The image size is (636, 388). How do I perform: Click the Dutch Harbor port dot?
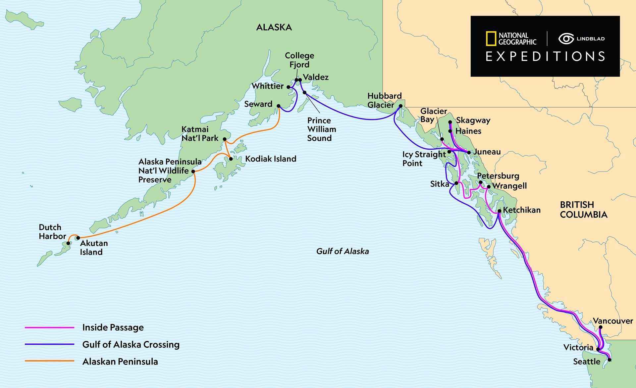click(x=68, y=243)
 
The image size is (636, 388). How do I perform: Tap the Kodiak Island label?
click(x=270, y=159)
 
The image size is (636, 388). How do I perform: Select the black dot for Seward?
click(x=279, y=106)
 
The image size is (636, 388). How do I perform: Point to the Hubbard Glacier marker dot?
click(x=400, y=106)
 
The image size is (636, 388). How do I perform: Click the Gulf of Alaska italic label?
click(x=343, y=251)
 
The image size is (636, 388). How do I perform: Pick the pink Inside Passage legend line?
click(x=50, y=328)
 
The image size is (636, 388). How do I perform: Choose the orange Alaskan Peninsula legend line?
click(x=50, y=361)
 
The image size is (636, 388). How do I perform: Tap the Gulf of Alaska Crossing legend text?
click(x=131, y=345)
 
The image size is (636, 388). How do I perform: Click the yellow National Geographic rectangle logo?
click(x=491, y=39)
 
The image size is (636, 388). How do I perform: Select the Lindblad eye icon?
click(x=566, y=39)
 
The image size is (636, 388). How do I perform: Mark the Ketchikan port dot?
click(x=500, y=211)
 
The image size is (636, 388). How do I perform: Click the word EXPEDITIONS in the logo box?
click(x=545, y=57)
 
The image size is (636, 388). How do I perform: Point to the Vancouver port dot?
click(x=601, y=327)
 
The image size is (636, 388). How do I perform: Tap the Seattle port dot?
click(x=609, y=360)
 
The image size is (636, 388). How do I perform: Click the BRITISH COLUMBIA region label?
click(x=584, y=210)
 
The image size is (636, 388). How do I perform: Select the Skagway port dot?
click(x=450, y=122)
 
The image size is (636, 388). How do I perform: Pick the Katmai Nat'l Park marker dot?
click(x=225, y=139)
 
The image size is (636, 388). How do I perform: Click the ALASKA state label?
click(x=274, y=27)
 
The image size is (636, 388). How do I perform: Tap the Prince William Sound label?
click(x=321, y=129)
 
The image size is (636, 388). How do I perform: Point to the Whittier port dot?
click(x=289, y=87)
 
